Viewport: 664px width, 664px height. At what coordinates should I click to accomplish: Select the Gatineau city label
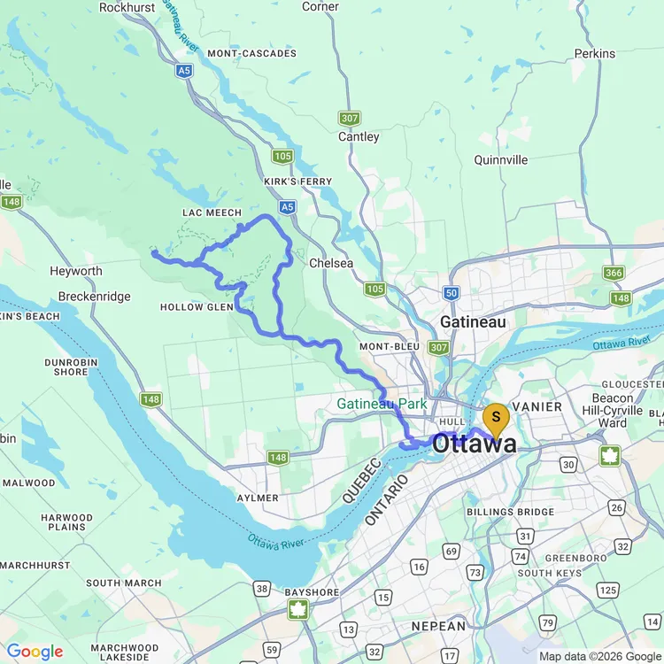click(x=473, y=322)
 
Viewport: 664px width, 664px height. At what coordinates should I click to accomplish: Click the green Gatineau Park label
click(x=382, y=405)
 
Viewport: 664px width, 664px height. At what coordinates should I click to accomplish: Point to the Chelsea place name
click(x=331, y=263)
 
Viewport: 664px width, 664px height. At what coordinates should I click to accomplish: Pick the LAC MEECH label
click(x=212, y=212)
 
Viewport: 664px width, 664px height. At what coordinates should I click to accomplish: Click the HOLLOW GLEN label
click(x=197, y=307)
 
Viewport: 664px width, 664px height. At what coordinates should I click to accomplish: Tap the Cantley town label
click(x=359, y=137)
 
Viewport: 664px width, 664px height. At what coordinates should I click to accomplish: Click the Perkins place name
click(x=594, y=54)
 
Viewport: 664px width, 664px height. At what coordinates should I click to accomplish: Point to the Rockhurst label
click(x=127, y=7)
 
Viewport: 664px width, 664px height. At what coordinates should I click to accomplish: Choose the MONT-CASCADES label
click(x=252, y=54)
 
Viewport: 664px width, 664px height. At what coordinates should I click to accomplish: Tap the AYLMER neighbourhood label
click(x=258, y=498)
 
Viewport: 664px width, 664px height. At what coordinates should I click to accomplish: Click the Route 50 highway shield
click(x=452, y=292)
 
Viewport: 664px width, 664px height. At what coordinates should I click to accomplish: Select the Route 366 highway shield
click(x=614, y=273)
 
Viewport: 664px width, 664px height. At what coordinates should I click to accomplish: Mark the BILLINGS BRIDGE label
click(x=510, y=513)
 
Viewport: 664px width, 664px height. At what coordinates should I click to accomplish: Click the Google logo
click(x=35, y=652)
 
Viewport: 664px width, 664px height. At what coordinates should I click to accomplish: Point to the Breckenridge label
click(x=95, y=297)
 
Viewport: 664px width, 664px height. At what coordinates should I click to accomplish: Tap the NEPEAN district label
click(x=437, y=626)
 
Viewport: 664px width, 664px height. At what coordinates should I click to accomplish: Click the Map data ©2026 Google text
click(x=599, y=656)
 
